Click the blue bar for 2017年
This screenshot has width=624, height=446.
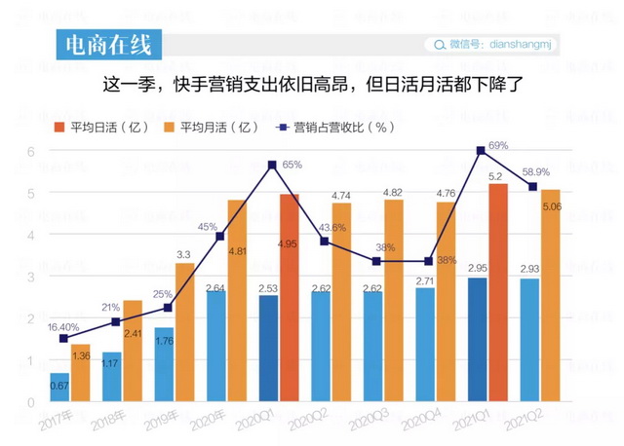click(x=60, y=387)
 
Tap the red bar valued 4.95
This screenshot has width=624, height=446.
click(x=289, y=297)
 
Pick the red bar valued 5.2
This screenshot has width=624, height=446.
click(x=497, y=292)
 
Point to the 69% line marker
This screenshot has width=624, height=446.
click(x=480, y=150)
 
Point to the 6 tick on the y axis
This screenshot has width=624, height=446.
click(x=30, y=151)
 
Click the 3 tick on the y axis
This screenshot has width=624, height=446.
click(x=30, y=277)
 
